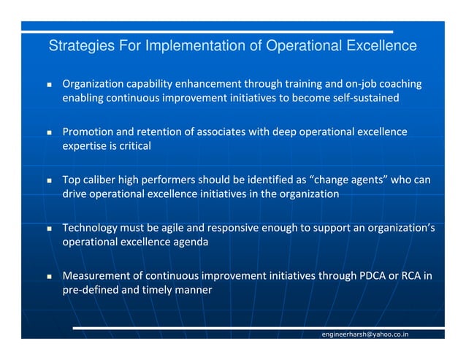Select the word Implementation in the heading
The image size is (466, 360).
click(194, 47)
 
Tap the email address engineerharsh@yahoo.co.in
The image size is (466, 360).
click(365, 334)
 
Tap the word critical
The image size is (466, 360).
click(131, 146)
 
